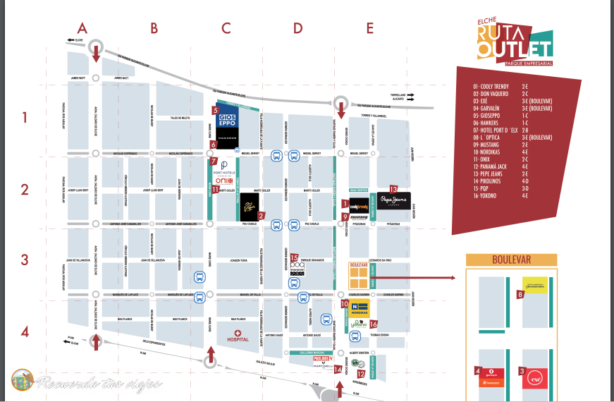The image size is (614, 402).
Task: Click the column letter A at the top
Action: tap(82, 28)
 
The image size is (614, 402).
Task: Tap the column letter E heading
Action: tap(370, 28)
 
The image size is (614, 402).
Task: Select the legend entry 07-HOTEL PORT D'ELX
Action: tap(498, 130)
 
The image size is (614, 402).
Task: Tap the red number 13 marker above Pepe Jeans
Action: tap(393, 188)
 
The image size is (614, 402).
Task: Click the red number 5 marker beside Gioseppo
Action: tap(215, 109)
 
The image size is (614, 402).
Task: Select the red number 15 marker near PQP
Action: tap(294, 257)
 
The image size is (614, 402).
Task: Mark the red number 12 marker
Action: tap(361, 374)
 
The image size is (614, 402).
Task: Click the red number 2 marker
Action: tap(261, 216)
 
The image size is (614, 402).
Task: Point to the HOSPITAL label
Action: tap(238, 338)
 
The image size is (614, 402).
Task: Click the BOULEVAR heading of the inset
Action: tap(511, 260)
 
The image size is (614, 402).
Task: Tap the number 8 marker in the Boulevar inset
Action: tap(520, 294)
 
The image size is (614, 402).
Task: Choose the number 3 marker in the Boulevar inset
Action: tap(522, 371)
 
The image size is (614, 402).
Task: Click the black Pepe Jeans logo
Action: tap(393, 200)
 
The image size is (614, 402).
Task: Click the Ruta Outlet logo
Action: tap(514, 42)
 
